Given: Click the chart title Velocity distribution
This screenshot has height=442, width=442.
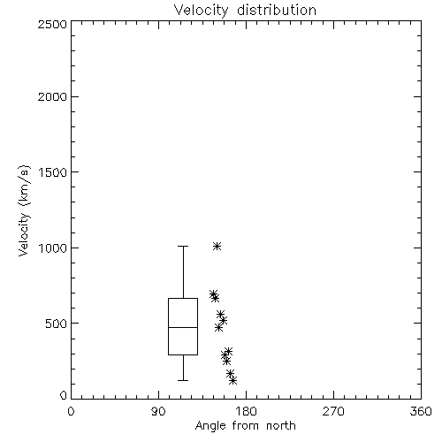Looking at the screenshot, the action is point(245,11).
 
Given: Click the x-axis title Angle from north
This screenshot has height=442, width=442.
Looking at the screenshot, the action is point(245,426).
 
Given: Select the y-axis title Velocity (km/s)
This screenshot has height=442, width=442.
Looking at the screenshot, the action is point(24,210).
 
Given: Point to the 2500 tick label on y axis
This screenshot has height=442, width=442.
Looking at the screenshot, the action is point(52,24).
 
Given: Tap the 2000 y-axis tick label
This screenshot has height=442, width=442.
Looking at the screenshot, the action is point(52,96).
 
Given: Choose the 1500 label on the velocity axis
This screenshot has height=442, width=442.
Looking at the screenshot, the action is point(53,172).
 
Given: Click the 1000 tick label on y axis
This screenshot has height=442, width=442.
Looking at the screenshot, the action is point(53,248).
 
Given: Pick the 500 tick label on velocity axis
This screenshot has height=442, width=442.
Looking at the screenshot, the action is point(57,324).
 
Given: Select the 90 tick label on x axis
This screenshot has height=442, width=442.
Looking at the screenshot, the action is point(158,411).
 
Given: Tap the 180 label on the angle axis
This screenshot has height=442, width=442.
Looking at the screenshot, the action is point(246,411).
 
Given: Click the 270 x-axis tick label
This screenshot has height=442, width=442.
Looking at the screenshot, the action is point(333,411).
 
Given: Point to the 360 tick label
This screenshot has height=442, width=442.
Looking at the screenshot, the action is point(421,411).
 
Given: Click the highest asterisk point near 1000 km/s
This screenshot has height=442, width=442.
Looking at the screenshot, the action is point(217,246).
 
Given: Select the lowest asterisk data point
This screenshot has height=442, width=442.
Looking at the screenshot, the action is point(232,380).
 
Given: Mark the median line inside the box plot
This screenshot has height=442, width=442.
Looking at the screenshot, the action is point(183,327).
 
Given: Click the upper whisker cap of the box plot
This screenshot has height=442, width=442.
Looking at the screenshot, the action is point(183,246).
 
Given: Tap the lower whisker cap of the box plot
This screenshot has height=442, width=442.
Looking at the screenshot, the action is point(183,380).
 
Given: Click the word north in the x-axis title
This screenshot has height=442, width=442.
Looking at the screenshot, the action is point(281,426).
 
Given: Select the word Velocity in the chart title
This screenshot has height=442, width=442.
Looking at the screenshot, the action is point(201,11).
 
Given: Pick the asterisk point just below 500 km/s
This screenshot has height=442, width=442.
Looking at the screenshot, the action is point(218,327).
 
